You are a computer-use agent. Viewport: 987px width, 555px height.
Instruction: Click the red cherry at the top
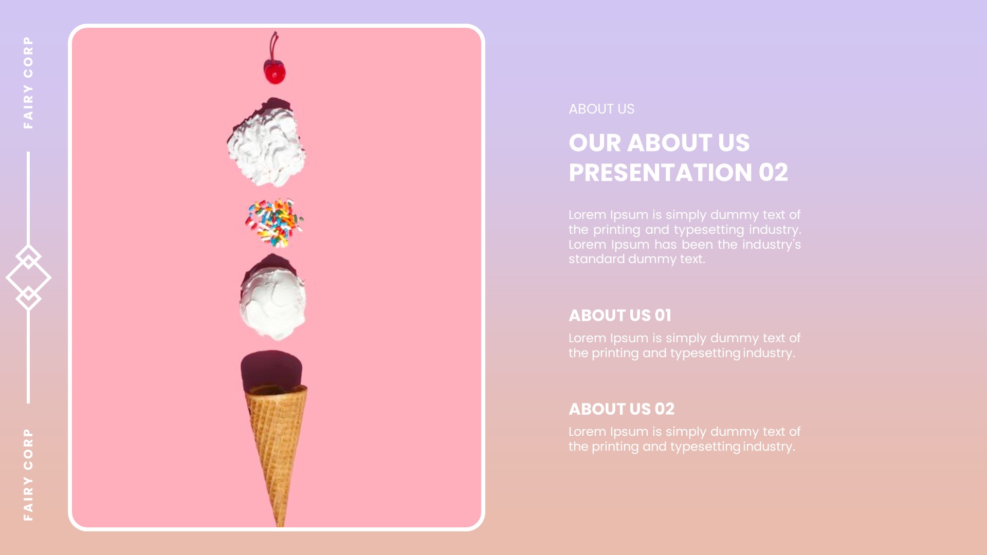[x=275, y=72]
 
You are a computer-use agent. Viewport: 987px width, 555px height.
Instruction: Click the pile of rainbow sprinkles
[x=275, y=223]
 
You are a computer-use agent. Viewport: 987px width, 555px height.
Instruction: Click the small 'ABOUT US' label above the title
[x=601, y=109]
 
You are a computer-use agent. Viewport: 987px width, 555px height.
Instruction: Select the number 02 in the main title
[x=773, y=173]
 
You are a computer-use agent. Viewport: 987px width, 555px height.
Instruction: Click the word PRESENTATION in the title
[x=660, y=173]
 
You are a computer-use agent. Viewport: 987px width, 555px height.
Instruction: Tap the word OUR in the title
[x=594, y=143]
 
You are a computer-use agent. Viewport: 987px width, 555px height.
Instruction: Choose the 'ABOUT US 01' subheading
[x=619, y=315]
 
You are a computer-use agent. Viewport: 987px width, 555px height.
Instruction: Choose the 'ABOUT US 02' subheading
[x=621, y=409]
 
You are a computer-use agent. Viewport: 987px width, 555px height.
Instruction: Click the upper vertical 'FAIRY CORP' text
[x=28, y=82]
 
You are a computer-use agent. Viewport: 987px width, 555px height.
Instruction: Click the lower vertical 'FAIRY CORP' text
[x=28, y=474]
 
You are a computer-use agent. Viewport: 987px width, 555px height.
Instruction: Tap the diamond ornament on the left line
[x=28, y=277]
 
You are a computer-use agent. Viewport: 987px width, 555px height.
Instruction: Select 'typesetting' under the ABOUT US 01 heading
[x=705, y=353]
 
